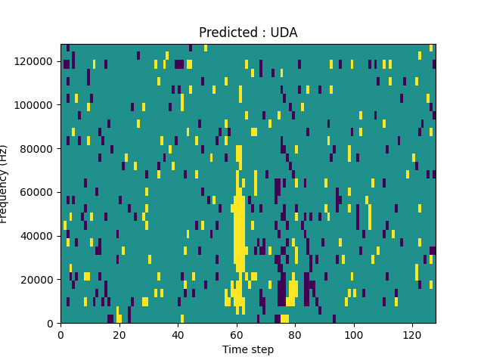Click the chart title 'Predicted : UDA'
pos(248,33)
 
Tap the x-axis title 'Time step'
pos(248,349)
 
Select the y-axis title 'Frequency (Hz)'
pos(5,184)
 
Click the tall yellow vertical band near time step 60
pos(239,227)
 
